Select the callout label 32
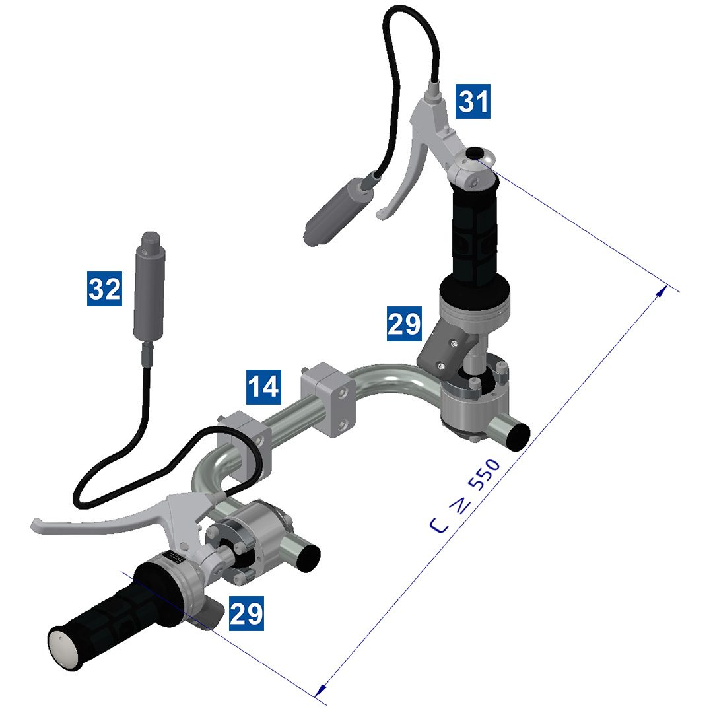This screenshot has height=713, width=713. point(105,289)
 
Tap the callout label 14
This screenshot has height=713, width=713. point(263,387)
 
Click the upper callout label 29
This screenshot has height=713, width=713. point(404,324)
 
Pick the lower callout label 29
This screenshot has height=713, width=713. point(246,613)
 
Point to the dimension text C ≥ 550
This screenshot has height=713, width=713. point(466,496)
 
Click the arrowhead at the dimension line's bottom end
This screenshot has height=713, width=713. point(320,689)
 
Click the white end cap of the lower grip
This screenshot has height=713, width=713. point(64,646)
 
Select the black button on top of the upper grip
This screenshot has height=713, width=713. point(473,153)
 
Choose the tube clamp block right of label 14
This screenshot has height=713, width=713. point(329,399)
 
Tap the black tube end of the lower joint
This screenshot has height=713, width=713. point(308,558)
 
